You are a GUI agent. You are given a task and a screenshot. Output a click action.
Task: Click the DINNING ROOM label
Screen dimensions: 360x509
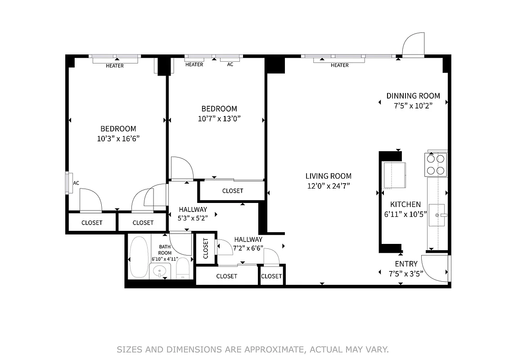[x=413, y=96]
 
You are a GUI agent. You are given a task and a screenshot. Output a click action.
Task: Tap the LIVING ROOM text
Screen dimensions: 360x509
[x=328, y=176]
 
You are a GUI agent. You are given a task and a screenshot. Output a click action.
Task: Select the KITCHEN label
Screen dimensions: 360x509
[x=405, y=204]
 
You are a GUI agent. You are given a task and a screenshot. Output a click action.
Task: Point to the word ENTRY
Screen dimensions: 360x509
[x=406, y=264]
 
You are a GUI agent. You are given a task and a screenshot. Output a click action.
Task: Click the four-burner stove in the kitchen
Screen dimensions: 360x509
[x=436, y=165]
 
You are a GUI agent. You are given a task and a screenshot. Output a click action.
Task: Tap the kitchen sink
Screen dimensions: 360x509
[x=437, y=215]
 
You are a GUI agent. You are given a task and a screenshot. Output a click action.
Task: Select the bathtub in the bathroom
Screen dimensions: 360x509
[x=139, y=257]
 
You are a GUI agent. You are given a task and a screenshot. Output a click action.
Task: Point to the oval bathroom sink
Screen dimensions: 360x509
[x=159, y=271]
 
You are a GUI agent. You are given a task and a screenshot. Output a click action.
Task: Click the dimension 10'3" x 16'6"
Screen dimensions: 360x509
[x=118, y=139]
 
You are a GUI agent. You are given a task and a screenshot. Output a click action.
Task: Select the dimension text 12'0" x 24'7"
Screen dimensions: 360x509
[x=328, y=185]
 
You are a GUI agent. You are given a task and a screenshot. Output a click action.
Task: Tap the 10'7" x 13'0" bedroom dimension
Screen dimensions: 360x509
[x=219, y=119]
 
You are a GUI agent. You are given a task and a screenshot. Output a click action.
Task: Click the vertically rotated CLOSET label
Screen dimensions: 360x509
[x=206, y=249]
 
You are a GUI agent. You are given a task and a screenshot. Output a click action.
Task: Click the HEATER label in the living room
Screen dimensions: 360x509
[x=339, y=65]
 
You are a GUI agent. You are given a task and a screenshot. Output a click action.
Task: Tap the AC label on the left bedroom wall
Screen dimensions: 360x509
[x=76, y=183]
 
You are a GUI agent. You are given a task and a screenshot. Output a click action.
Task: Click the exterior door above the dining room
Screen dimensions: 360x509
[x=413, y=45]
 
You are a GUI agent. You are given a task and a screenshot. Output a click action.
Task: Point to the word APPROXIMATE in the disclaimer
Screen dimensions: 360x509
[x=268, y=349]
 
